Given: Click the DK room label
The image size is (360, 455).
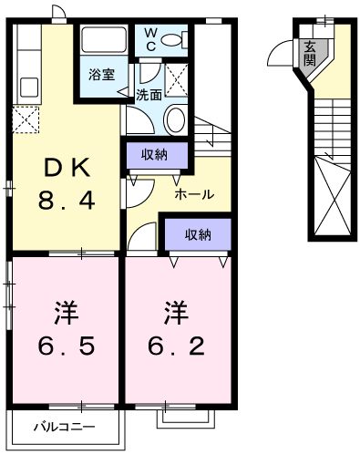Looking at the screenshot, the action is pyautogui.click(x=67, y=168).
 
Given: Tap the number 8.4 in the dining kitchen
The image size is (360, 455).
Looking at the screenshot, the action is pyautogui.click(x=67, y=201).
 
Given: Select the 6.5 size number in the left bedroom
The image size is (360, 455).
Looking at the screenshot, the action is pyautogui.click(x=67, y=346).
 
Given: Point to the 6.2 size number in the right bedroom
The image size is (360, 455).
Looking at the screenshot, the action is pyautogui.click(x=176, y=346).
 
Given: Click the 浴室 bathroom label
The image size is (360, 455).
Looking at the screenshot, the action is pyautogui.click(x=102, y=75).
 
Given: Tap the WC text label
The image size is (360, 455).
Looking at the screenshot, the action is pyautogui.click(x=150, y=39).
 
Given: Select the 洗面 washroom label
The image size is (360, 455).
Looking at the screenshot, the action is pyautogui.click(x=149, y=95).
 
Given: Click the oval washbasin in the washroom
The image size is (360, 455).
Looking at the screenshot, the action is pyautogui.click(x=175, y=119).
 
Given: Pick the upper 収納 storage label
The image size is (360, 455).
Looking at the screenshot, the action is pyautogui.click(x=154, y=155).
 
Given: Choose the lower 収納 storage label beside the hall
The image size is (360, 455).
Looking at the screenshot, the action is pyautogui.click(x=199, y=234).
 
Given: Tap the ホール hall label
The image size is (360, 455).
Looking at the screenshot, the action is pyautogui.click(x=194, y=194).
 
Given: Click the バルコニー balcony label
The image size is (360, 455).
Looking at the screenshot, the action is pyautogui.click(x=64, y=427).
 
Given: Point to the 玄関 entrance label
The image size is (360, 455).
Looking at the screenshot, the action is pyautogui.click(x=310, y=53).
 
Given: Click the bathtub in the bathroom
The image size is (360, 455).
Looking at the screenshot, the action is pyautogui.click(x=104, y=40).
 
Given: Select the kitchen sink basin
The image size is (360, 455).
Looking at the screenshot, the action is pyautogui.click(x=29, y=88).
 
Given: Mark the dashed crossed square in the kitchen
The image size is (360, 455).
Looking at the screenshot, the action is pyautogui.click(x=26, y=119).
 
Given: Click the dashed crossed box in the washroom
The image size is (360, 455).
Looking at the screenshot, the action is pyautogui.click(x=176, y=80).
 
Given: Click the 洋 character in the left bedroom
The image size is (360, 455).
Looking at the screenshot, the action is pyautogui.click(x=67, y=313).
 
